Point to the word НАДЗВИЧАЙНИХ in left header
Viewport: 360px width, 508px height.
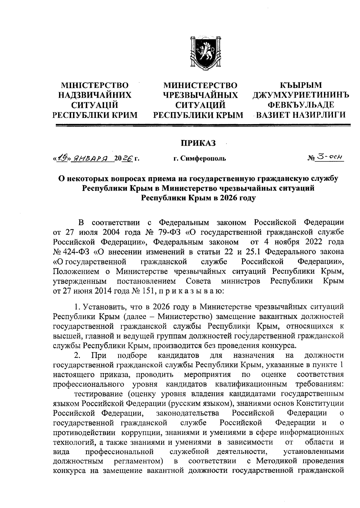[x=95, y=95]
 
